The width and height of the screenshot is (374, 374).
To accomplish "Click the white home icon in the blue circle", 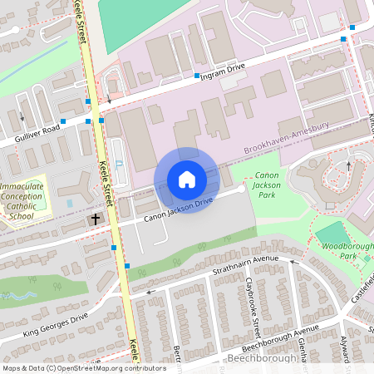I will click(x=186, y=180).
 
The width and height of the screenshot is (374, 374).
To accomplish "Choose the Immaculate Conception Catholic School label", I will click(x=22, y=202).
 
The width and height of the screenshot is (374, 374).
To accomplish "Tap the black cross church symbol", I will click(x=96, y=219).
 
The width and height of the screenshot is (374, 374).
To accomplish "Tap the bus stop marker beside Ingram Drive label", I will click(x=197, y=76).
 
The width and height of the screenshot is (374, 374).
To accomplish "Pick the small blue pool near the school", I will click(x=68, y=202).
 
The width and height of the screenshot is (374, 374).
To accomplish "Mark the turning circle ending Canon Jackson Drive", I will click(x=242, y=189).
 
